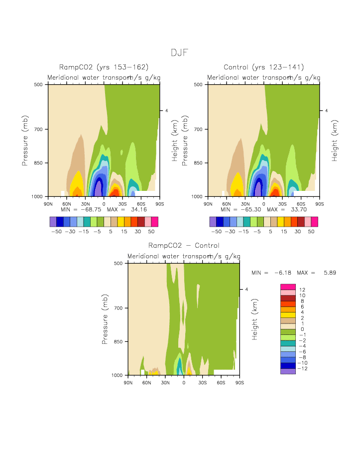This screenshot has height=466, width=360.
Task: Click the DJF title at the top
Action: pos(179,53)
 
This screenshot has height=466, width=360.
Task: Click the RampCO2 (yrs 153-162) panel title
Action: pos(104,67)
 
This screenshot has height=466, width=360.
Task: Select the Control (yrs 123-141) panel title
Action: pos(264,67)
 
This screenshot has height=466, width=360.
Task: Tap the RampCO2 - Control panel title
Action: pos(184,245)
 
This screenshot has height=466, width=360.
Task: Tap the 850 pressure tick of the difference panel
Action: pos(119,342)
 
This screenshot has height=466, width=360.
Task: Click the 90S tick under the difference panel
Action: pos(240,382)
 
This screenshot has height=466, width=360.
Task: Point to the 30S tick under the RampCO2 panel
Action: pos(122,204)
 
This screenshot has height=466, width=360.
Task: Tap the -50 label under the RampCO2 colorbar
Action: pos(56,232)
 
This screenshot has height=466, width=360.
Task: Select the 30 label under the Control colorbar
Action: pos(301,232)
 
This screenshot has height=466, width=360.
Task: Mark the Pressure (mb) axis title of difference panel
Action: pos(105,319)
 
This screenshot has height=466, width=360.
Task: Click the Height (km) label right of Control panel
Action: pos(335,141)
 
